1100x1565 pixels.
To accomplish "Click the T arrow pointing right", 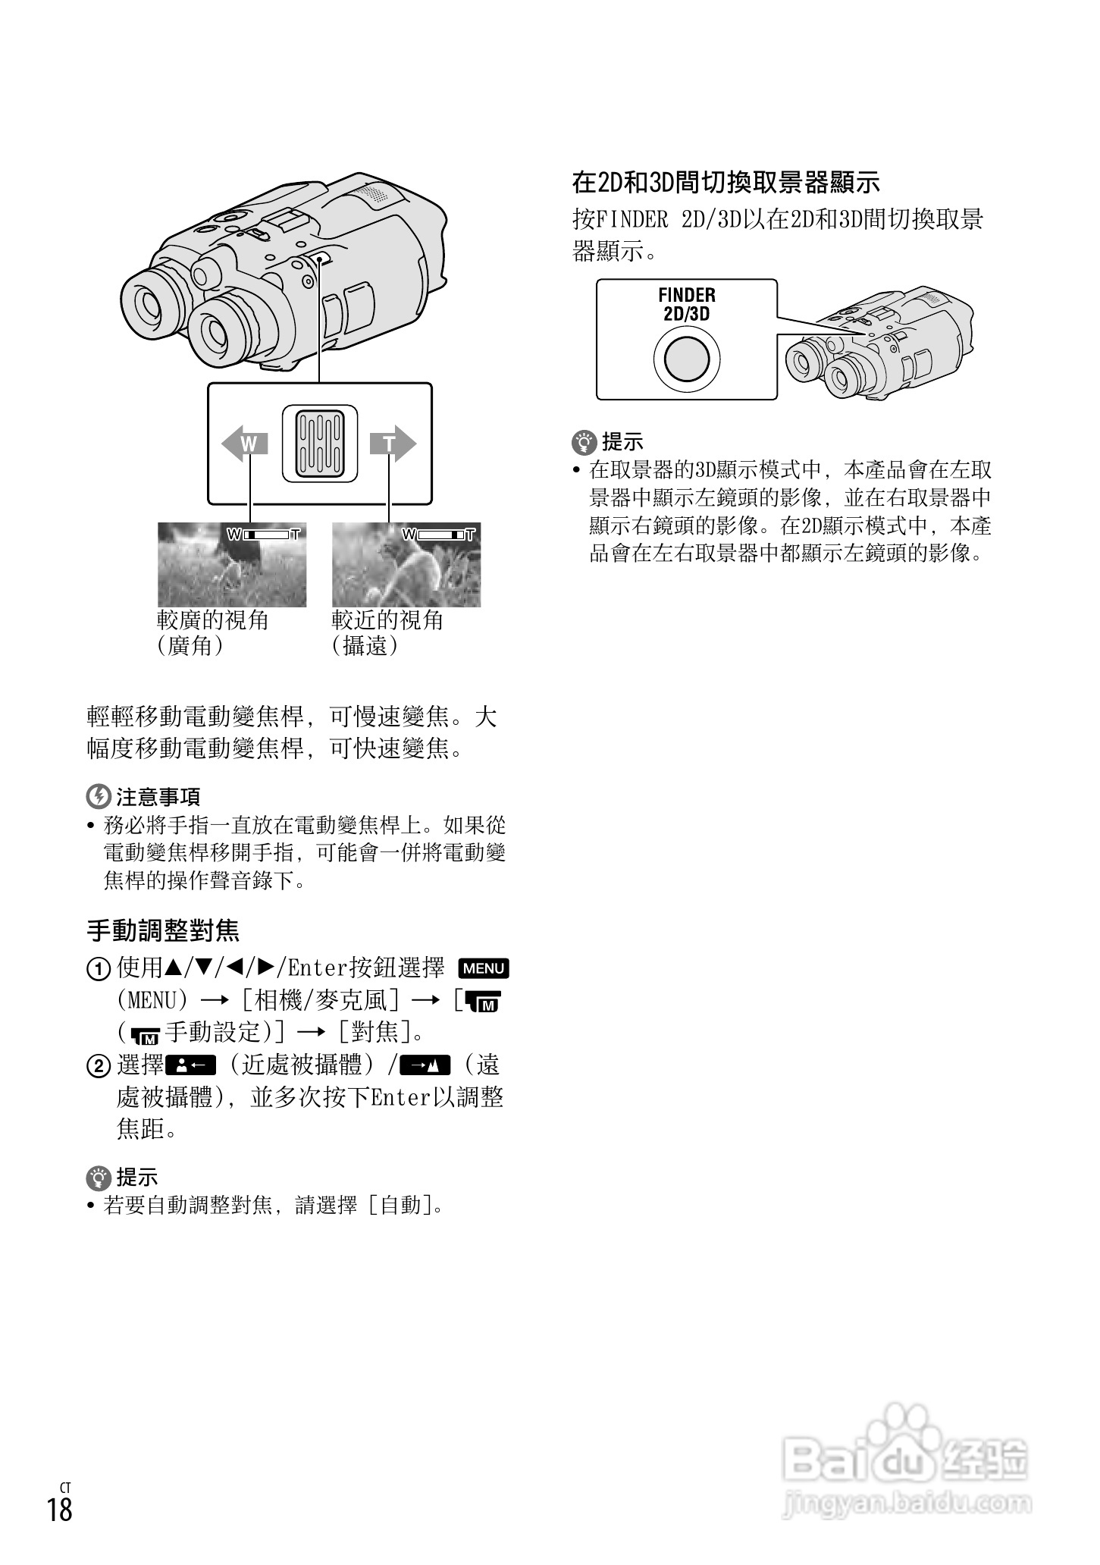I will [393, 444].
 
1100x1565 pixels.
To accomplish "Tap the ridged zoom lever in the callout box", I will [319, 444].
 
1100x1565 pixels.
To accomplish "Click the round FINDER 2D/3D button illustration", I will [687, 358].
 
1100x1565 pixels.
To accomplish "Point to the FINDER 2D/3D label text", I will [687, 304].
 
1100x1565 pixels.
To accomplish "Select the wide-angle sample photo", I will [232, 564].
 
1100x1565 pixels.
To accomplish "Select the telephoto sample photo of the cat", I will [406, 564].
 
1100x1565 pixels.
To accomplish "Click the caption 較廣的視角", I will [213, 620].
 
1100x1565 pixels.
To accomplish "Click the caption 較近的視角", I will [387, 620].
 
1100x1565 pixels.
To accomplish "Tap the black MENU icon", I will [484, 968].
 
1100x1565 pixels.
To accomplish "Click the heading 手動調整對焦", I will [164, 930].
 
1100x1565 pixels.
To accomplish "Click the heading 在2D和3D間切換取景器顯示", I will [725, 182].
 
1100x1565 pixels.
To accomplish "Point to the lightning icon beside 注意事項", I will [98, 796].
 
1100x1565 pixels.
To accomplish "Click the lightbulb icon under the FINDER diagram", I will [584, 441].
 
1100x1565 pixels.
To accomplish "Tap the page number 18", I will [59, 1509].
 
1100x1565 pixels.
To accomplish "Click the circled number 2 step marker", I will [98, 1067].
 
